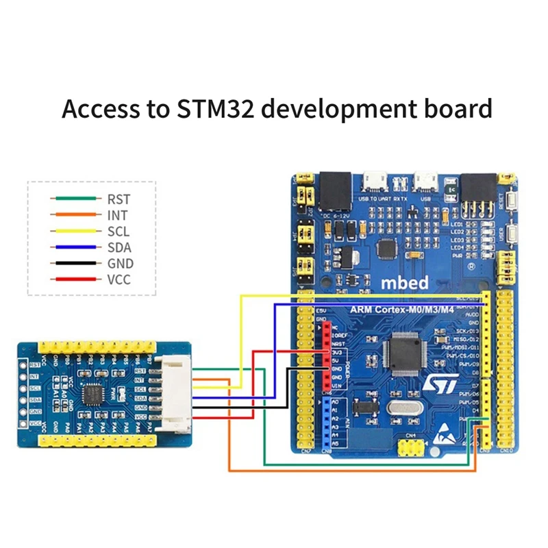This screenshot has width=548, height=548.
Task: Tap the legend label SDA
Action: [119, 247]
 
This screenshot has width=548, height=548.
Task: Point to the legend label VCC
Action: [120, 279]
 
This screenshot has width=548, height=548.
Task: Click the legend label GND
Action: [120, 264]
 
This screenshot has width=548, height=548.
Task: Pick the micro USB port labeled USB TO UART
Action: [375, 181]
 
